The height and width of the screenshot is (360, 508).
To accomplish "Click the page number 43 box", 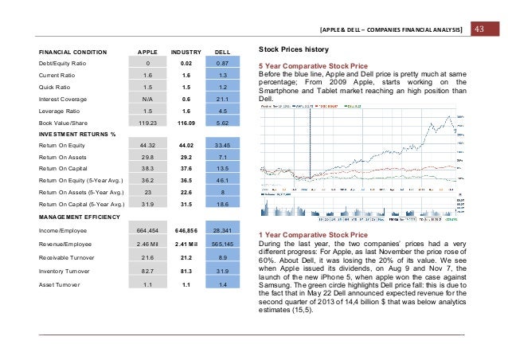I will tap(480, 29).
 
